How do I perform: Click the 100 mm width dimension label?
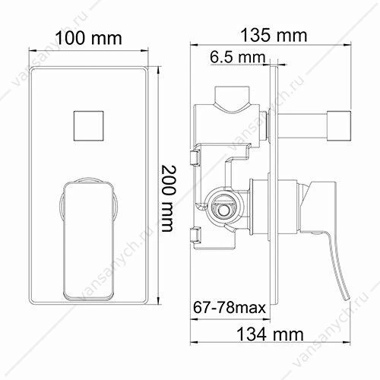pos(88,38)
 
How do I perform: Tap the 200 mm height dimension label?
pos(168,198)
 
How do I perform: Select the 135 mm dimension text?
pos(274,35)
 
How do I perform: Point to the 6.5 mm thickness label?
pos(237,57)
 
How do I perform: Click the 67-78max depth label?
pos(230,308)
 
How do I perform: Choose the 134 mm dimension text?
pos(270,334)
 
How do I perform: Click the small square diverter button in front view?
pos(89,125)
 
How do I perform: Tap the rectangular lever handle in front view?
pos(88,241)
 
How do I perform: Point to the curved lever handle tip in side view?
pos(347,299)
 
